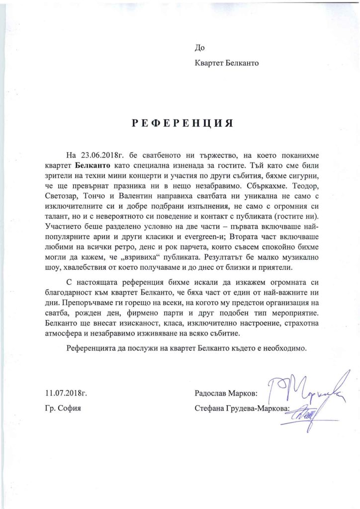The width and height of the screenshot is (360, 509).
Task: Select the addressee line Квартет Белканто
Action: (227, 63)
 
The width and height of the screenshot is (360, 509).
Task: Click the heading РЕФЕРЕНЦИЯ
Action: (182, 123)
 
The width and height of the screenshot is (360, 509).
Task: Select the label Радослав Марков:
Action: (227, 394)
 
